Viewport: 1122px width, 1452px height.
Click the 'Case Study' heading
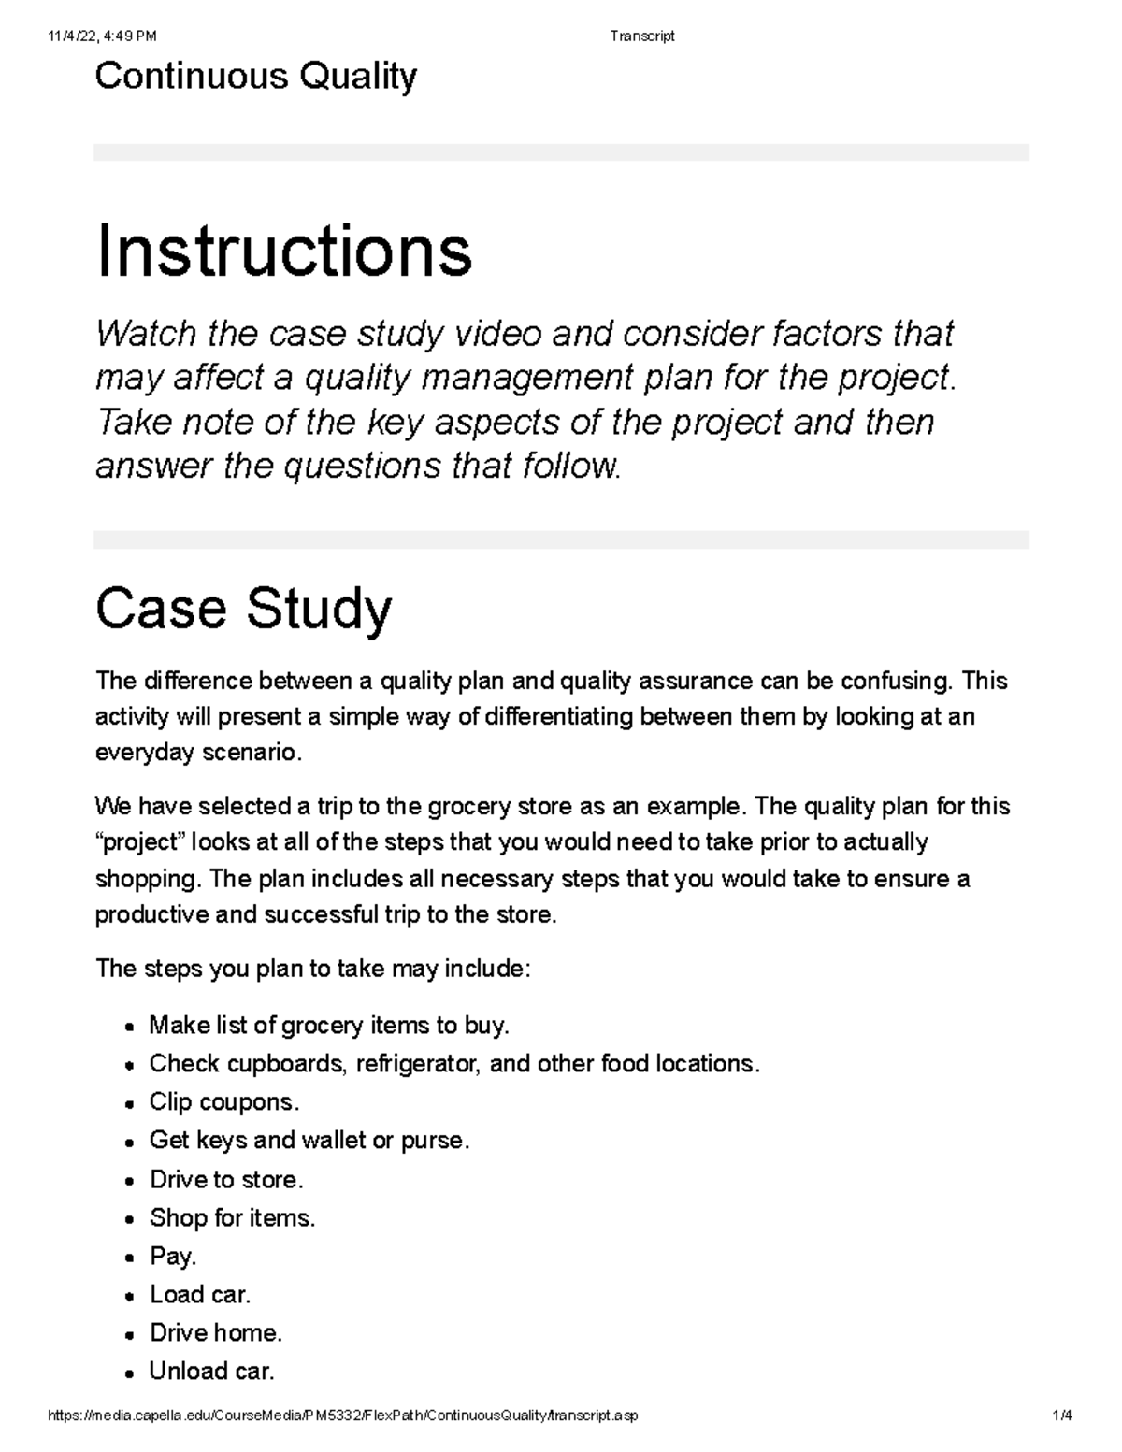point(243,609)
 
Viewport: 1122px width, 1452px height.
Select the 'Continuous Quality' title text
point(255,76)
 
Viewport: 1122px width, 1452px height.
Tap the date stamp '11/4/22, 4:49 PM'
point(102,36)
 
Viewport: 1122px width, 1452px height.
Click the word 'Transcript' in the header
point(641,36)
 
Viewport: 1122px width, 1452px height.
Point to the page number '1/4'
point(1061,1416)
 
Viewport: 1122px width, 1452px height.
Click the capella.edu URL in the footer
point(342,1416)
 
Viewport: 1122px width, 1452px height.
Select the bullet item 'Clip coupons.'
point(224,1102)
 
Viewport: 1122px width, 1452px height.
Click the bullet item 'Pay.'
point(173,1256)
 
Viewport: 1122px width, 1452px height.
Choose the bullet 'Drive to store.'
point(226,1179)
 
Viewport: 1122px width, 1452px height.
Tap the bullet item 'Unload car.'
point(211,1371)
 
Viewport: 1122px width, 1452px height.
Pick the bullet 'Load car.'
point(200,1294)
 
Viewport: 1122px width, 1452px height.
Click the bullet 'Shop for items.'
point(232,1217)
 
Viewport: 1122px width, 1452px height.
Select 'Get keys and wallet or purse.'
point(309,1141)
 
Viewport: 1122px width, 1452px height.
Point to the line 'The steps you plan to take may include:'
point(312,969)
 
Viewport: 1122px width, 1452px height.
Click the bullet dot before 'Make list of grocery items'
point(130,1028)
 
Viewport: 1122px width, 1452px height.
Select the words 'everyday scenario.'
point(199,753)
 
